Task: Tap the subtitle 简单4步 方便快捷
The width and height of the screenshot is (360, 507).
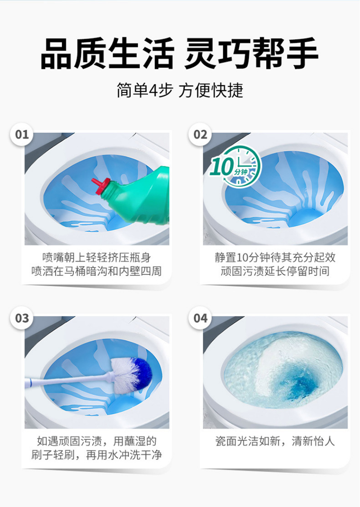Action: pyautogui.click(x=180, y=91)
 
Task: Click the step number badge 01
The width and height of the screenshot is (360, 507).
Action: pyautogui.click(x=22, y=135)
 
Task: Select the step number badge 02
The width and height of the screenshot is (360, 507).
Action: pyautogui.click(x=201, y=135)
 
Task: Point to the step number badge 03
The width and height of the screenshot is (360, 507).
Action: pyautogui.click(x=22, y=318)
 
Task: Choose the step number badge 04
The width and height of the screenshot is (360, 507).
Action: pyautogui.click(x=201, y=318)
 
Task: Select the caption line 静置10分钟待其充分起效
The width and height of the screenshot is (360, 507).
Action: pyautogui.click(x=275, y=257)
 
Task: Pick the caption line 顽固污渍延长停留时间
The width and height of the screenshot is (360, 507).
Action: pyautogui.click(x=275, y=271)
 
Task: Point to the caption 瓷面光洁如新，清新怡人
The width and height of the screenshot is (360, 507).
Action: pyautogui.click(x=275, y=441)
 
